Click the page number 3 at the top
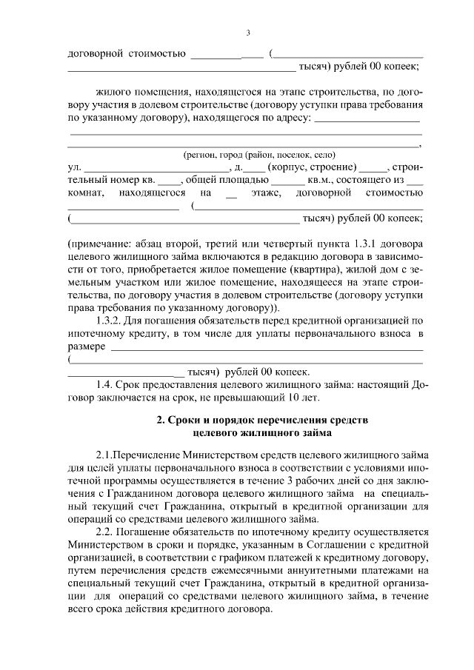[248, 33]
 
